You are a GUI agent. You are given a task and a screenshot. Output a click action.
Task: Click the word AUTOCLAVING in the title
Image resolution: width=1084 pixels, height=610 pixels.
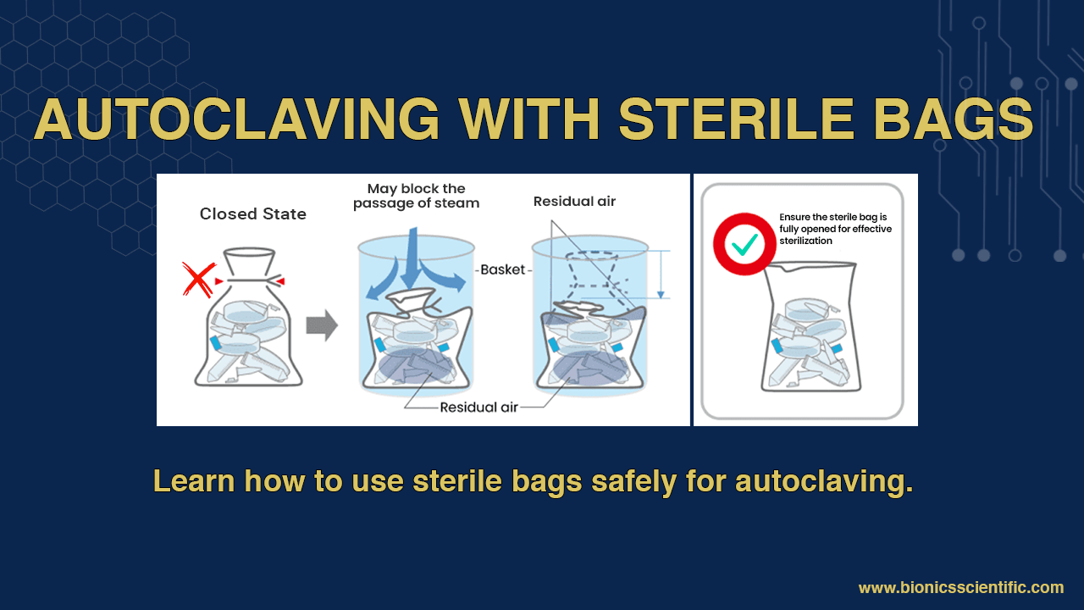pos(237,119)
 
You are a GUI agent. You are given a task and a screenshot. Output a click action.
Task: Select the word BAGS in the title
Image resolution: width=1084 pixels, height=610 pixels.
pos(952,119)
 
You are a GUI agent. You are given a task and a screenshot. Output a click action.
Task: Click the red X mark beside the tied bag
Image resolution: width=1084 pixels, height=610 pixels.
pos(198,280)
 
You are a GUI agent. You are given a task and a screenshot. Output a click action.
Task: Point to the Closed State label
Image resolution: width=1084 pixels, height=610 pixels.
pos(252,214)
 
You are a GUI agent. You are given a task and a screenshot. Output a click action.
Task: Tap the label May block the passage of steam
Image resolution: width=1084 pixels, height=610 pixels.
pos(416,196)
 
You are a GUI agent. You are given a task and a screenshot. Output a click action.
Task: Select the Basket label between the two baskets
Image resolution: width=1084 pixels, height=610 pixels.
pos(502,269)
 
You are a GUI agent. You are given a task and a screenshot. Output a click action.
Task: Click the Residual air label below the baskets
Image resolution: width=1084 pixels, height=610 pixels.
pos(478,408)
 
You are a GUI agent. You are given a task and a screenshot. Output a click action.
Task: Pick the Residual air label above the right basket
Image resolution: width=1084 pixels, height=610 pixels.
pos(574,202)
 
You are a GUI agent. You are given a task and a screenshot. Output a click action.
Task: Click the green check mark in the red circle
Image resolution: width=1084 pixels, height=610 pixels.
pos(745,243)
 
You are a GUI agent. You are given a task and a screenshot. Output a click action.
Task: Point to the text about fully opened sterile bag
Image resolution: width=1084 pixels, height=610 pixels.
pos(835,229)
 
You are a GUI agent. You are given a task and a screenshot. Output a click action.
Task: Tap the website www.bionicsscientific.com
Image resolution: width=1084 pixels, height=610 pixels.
pos(960,588)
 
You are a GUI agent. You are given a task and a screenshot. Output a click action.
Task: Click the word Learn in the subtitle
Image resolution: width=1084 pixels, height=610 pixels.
pos(193,481)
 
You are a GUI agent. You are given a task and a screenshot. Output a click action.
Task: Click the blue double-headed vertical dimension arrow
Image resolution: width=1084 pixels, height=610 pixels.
pos(661,274)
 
